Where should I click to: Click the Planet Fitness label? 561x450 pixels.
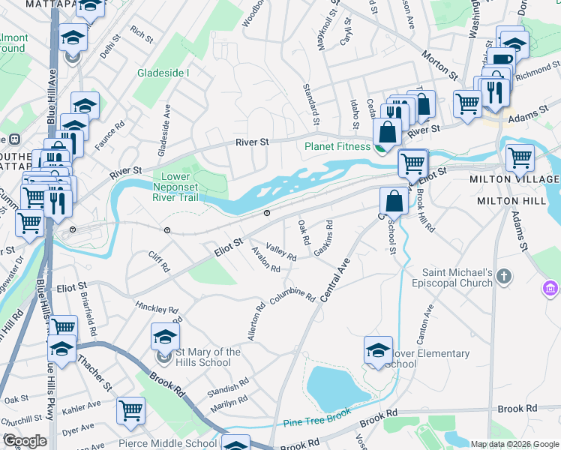click(338, 147)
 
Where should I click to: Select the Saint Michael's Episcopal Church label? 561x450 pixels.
click(449, 277)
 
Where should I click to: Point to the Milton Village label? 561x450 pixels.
click(514, 180)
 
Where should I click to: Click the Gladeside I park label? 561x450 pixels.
click(163, 73)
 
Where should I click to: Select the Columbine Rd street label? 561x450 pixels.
click(292, 295)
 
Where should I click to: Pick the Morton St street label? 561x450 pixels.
click(439, 66)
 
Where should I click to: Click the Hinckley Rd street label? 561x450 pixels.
click(157, 307)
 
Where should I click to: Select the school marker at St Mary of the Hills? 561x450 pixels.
click(165, 337)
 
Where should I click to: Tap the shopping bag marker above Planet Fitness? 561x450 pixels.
click(388, 133)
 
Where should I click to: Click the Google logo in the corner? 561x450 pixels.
click(25, 441)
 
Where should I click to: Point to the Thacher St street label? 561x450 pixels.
click(101, 375)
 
